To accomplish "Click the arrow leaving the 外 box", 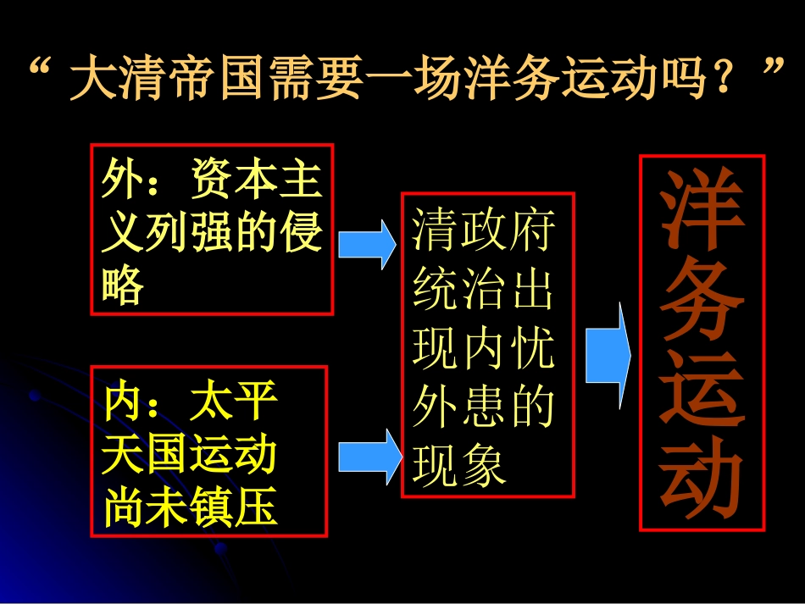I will pos(367,244).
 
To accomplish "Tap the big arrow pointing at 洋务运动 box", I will pos(608,355).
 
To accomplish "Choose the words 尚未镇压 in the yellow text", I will pos(190,507).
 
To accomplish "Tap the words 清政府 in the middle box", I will pos(483,230).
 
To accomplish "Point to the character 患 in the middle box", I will pos(483,407).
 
